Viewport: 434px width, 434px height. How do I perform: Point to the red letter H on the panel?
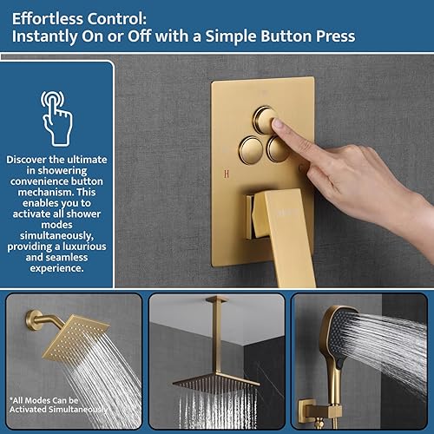227,170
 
